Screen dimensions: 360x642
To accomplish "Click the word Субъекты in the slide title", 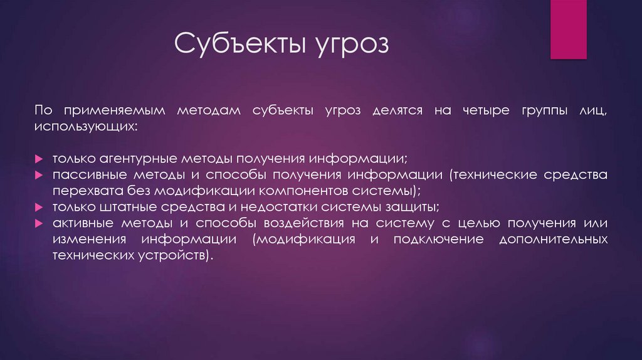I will tap(233, 45).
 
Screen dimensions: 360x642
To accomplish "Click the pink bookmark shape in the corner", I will tap(568, 29).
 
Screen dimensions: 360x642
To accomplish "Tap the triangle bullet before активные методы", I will tap(38, 224).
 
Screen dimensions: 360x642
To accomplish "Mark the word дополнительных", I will tap(552, 240).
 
